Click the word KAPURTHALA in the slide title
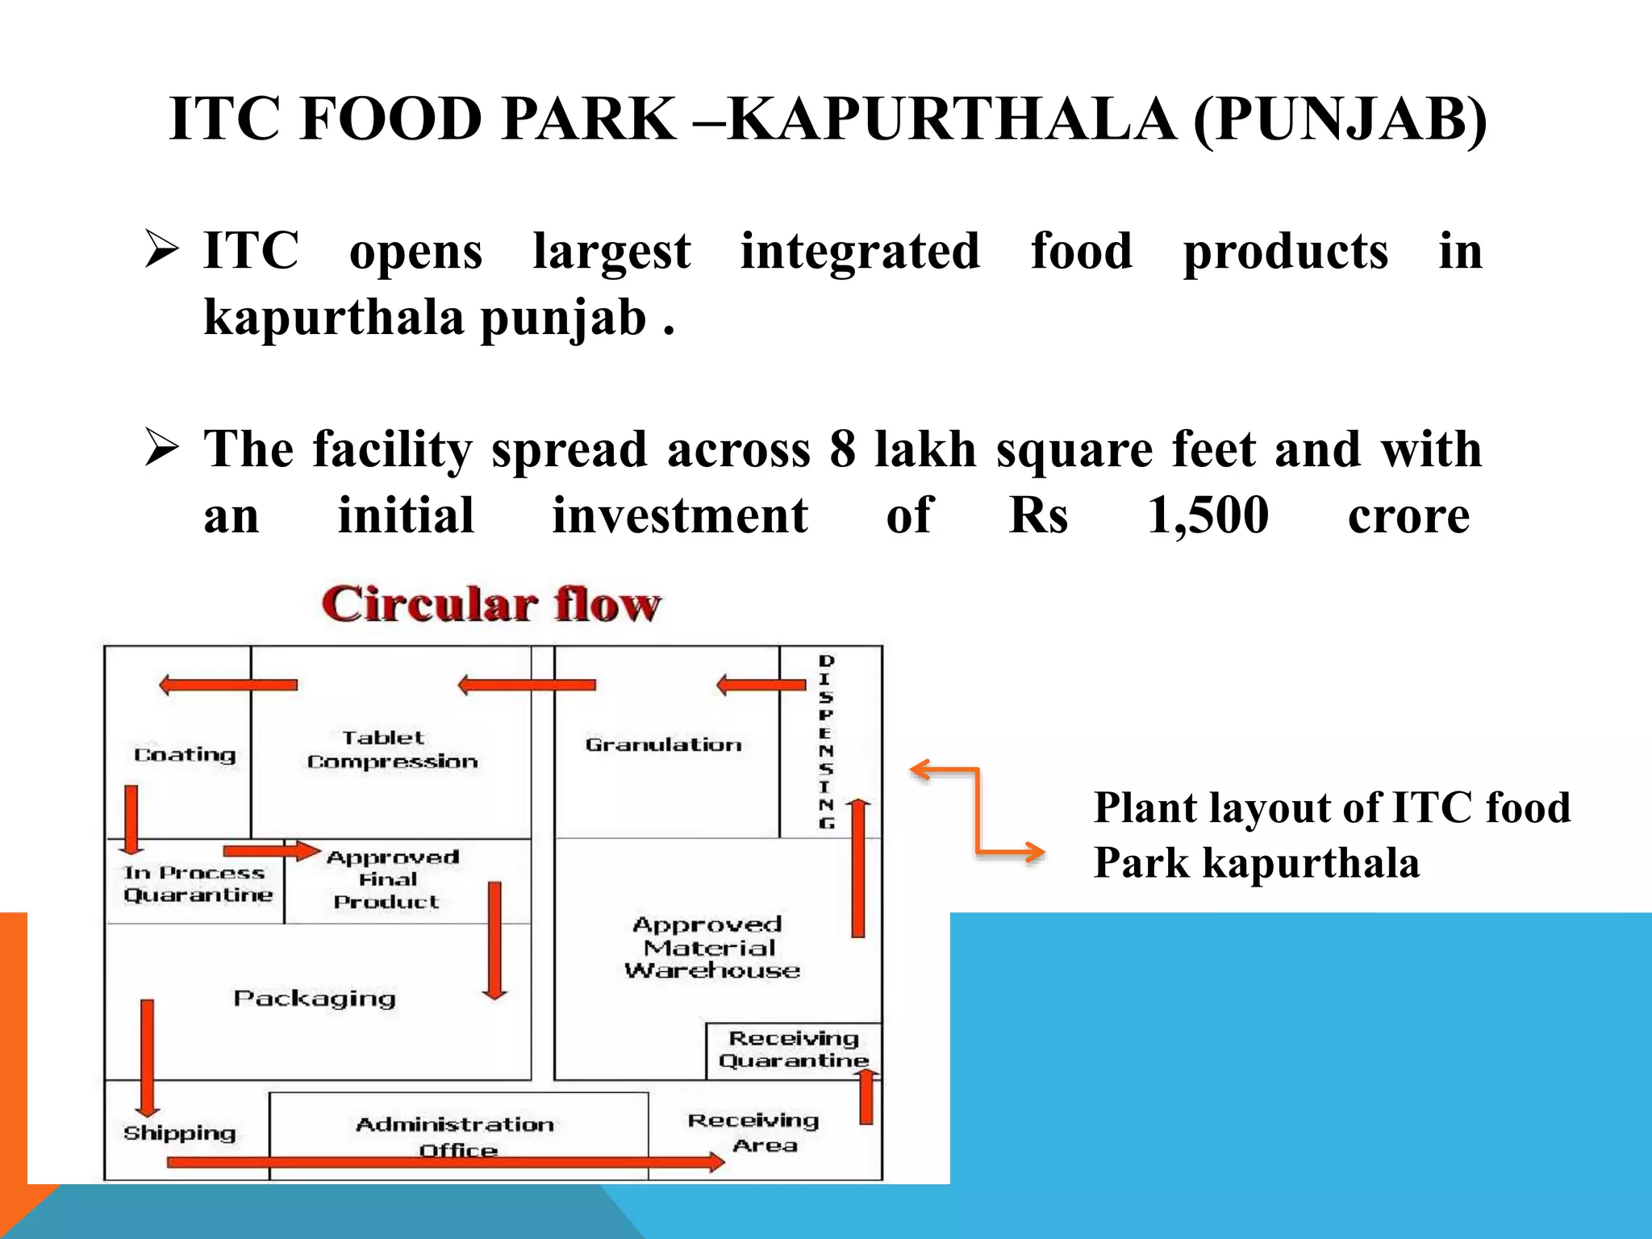951,119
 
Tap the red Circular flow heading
491,605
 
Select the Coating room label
185,755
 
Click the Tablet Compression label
391,750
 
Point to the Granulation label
663,745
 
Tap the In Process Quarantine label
197,884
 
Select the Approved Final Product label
391,879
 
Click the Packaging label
315,999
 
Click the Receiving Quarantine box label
794,1049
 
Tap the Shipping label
179,1133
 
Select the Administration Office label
456,1136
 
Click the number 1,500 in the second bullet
1208,515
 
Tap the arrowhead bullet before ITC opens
161,249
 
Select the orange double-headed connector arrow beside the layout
977,810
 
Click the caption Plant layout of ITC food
1332,808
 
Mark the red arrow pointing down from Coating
131,818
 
